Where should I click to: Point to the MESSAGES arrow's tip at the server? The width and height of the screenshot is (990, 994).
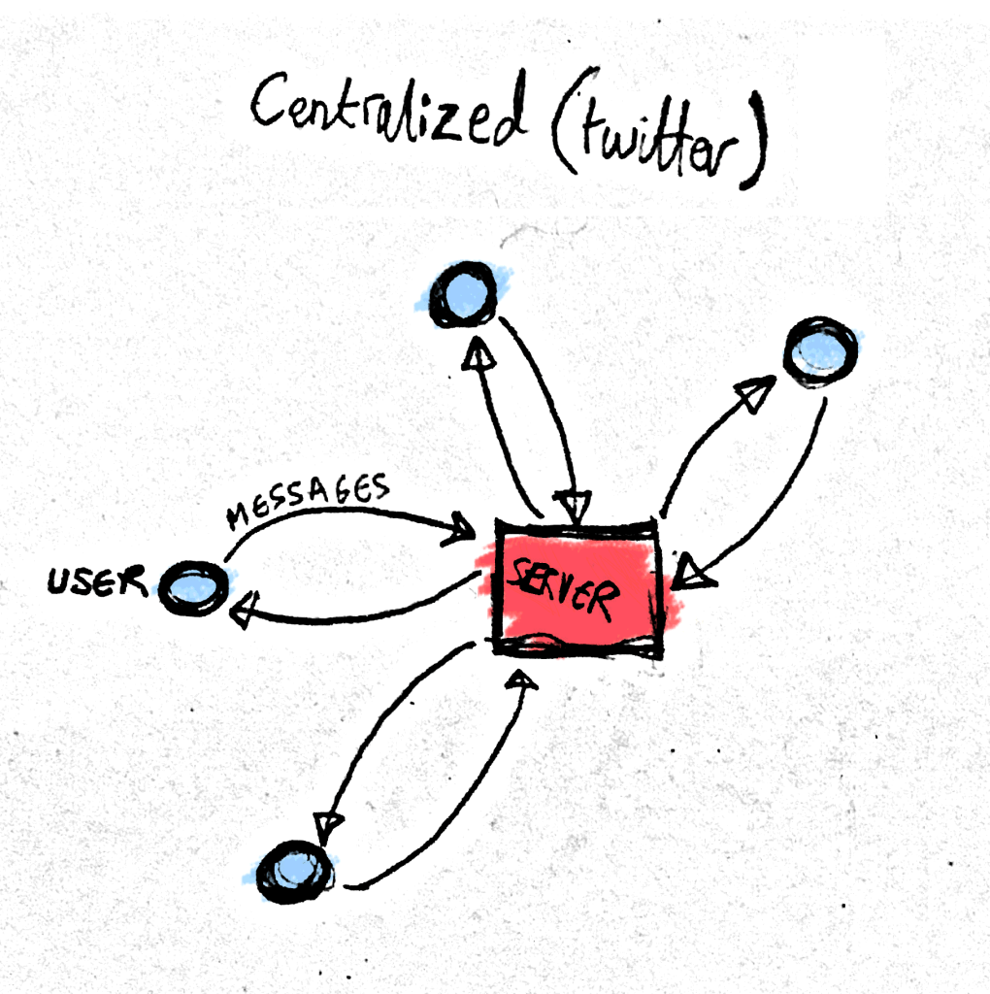pos(460,531)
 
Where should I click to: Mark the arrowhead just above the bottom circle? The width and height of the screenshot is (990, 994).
pos(328,824)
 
